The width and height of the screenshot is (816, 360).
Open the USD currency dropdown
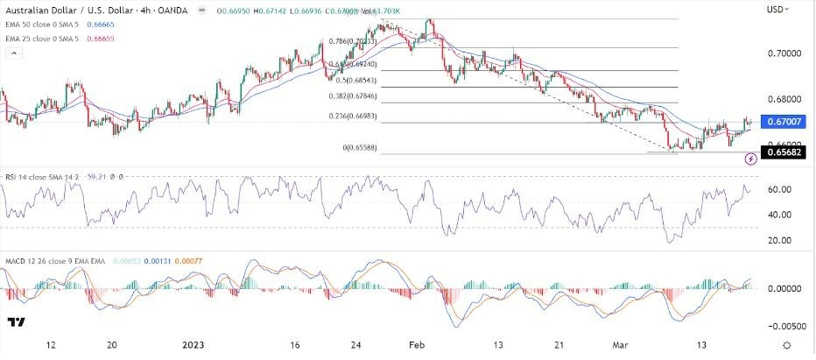[x=779, y=10]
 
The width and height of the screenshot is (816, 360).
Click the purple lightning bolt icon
[x=751, y=159]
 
